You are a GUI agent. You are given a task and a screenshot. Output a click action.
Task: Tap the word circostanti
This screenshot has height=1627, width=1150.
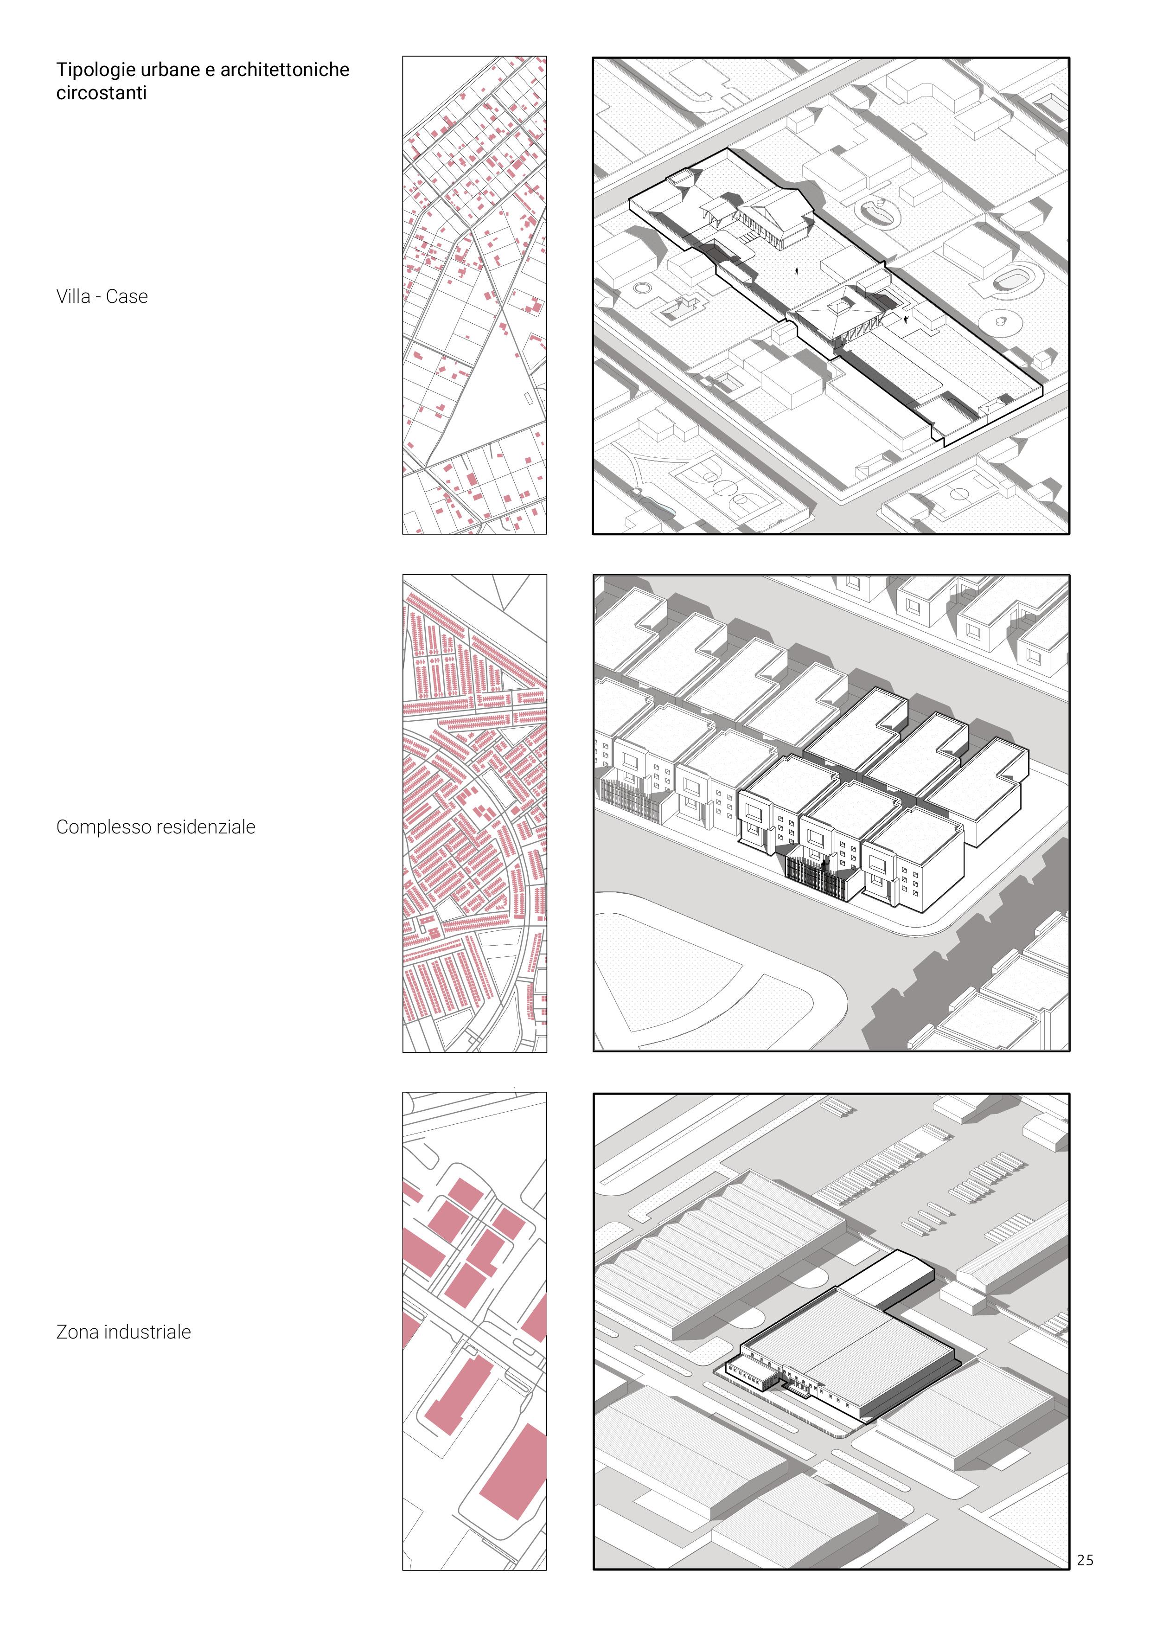tap(102, 93)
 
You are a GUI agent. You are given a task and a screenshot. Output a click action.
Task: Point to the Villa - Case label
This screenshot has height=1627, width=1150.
tap(102, 296)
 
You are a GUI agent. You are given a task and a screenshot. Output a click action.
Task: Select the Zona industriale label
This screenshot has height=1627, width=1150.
tap(123, 1332)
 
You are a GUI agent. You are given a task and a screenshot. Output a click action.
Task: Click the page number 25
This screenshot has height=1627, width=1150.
tap(1084, 1560)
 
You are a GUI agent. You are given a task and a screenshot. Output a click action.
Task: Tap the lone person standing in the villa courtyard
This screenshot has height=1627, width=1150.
tap(797, 269)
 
